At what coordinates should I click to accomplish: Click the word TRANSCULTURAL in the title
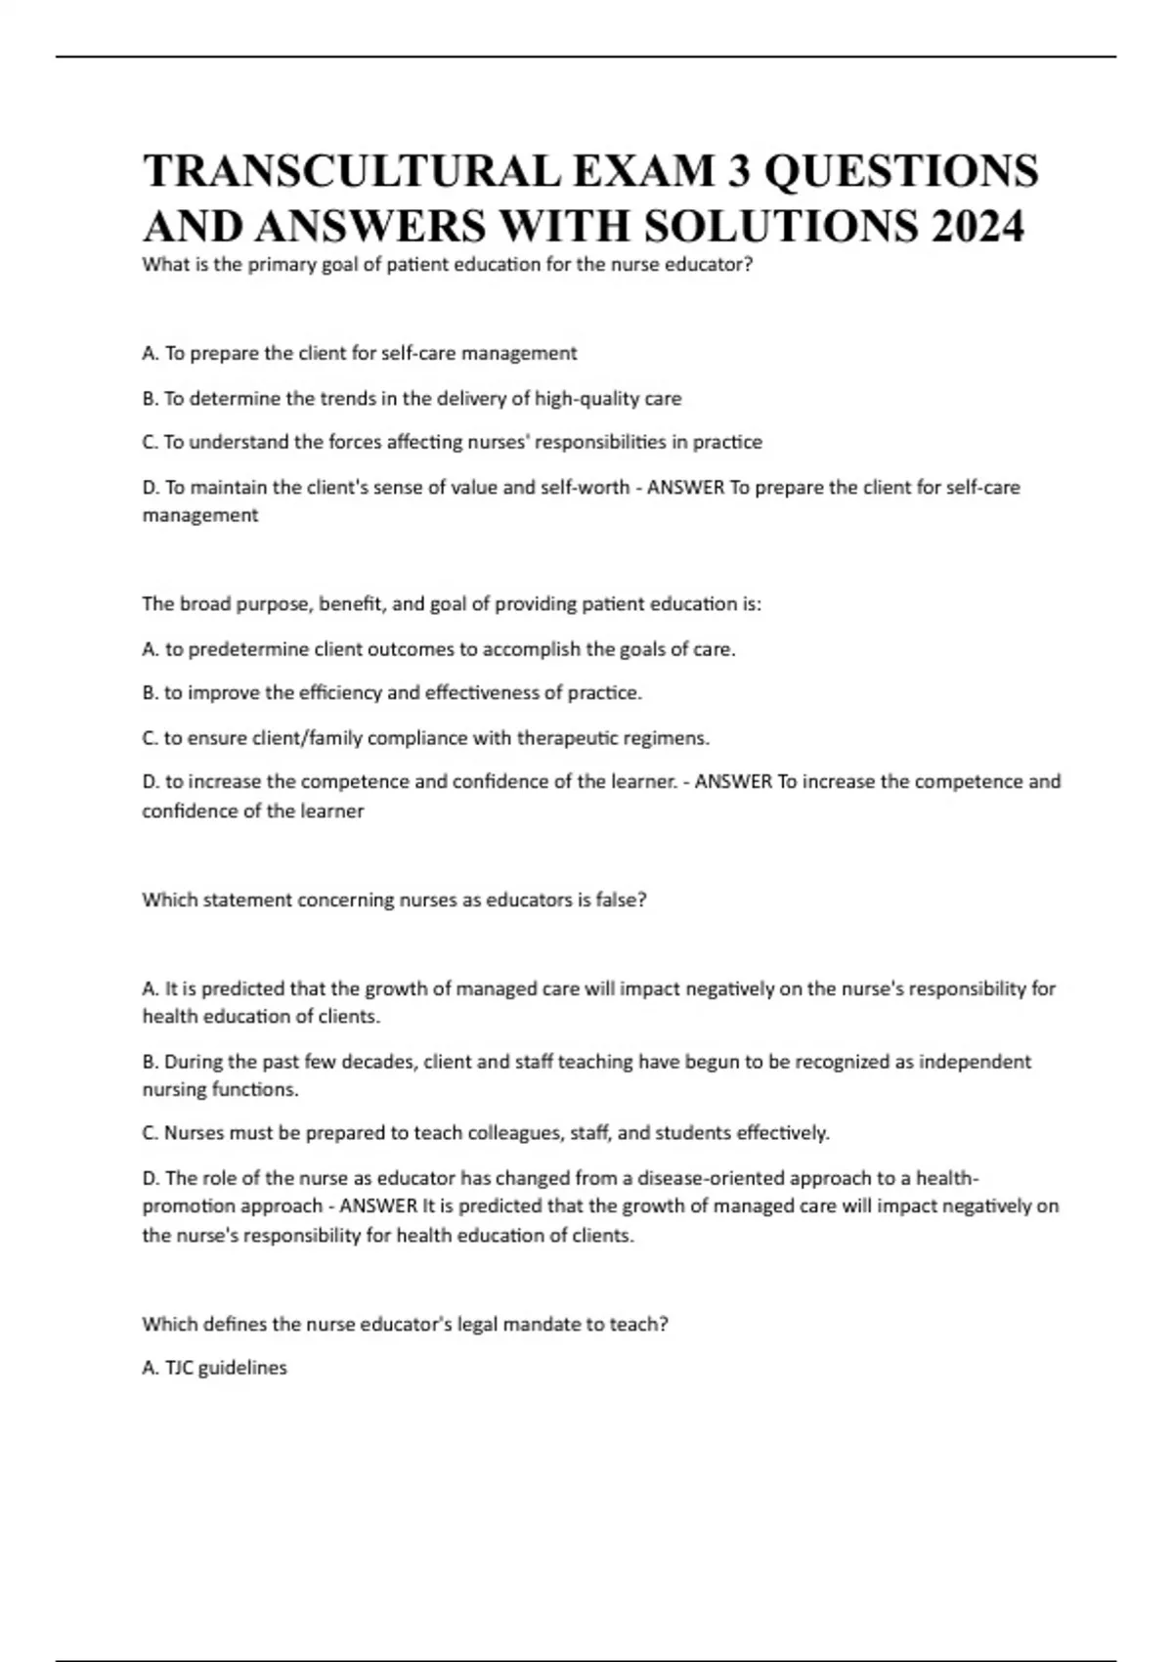click(352, 171)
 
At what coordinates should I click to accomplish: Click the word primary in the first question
click(282, 265)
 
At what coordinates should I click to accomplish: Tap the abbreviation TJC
click(179, 1369)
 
